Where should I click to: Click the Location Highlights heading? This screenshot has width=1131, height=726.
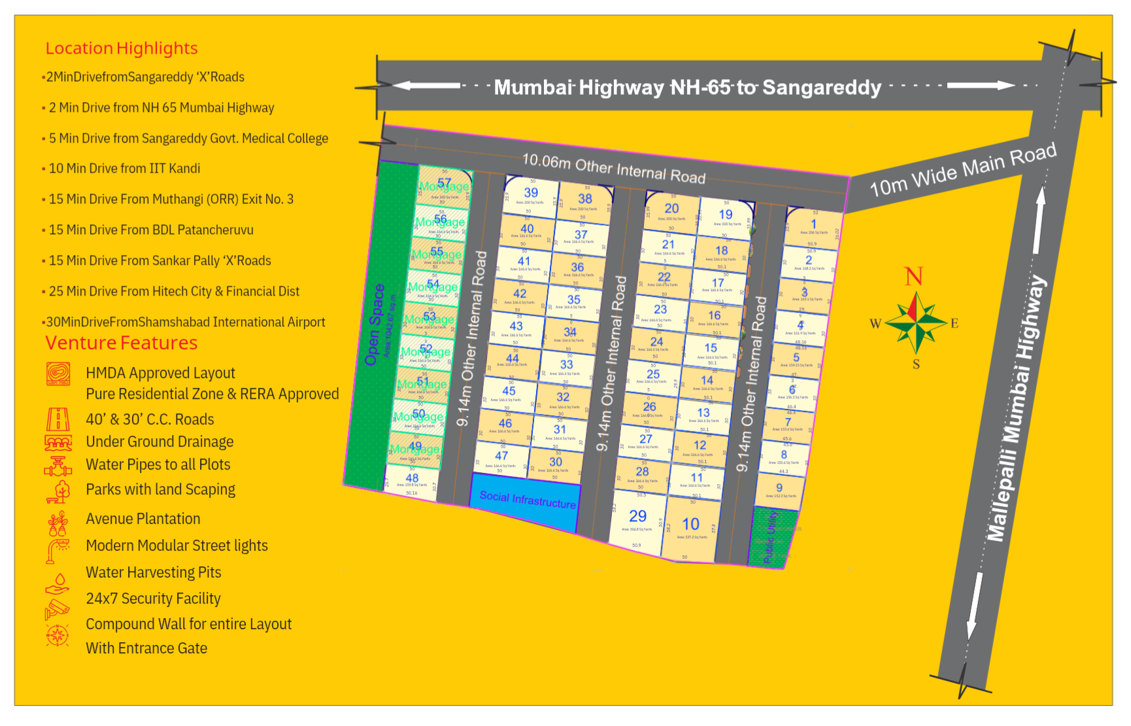(122, 48)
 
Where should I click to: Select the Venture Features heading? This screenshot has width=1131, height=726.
(122, 343)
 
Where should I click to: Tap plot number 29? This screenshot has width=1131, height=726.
(637, 517)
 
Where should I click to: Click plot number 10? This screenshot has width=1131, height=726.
(690, 524)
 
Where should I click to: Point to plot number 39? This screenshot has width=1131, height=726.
(531, 193)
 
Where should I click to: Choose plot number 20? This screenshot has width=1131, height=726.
(671, 209)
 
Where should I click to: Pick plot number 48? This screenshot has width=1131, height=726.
(412, 478)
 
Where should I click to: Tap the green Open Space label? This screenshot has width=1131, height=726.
(375, 324)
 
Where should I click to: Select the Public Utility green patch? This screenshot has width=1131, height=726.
(770, 537)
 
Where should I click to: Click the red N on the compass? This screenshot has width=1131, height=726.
(913, 277)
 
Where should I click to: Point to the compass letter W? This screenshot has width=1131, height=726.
(875, 324)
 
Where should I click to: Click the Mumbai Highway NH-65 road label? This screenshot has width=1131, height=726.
(688, 87)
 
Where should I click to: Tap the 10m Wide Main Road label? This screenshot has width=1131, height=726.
(962, 169)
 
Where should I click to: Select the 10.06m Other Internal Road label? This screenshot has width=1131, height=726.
(614, 168)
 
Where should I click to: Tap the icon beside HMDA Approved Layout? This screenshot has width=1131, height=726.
(58, 373)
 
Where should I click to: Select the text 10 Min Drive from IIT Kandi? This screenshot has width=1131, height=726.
(124, 169)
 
